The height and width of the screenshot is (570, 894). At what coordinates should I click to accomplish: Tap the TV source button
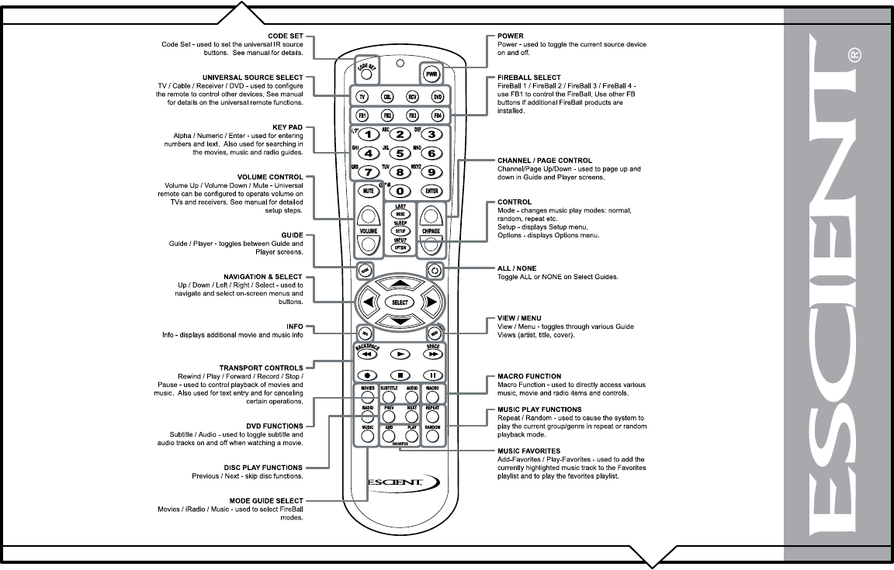pos(362,97)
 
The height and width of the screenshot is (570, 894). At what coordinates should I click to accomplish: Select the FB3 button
pos(412,116)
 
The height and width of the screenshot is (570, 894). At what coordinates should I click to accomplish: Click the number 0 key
pos(399,190)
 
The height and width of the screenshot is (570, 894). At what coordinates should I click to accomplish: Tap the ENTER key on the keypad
pos(431,190)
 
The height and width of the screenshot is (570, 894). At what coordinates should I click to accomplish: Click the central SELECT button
pos(399,302)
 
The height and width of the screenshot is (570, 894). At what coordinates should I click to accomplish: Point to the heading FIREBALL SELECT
pos(528,78)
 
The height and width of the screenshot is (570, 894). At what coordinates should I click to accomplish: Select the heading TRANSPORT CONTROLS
pos(261,368)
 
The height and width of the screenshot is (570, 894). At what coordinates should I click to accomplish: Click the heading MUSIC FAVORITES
pos(529,451)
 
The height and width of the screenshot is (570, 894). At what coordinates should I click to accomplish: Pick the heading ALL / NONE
pos(518,268)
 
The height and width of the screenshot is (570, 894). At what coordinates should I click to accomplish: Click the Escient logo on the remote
pos(396,482)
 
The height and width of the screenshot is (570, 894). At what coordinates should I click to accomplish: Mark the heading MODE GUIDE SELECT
pos(266,500)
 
